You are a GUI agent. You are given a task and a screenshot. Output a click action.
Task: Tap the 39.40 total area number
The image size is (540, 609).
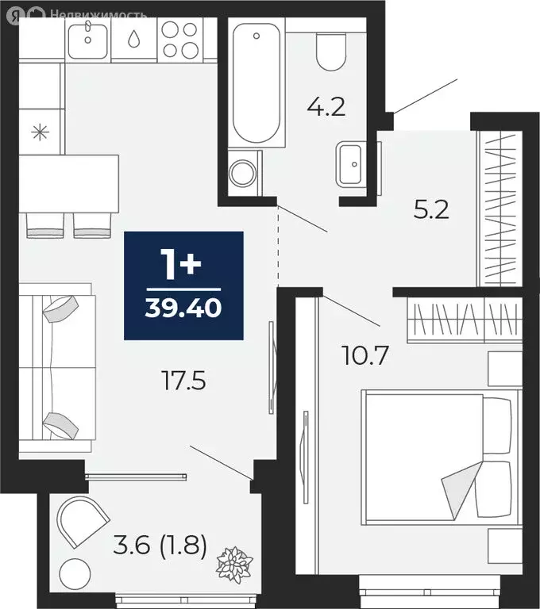click(x=183, y=308)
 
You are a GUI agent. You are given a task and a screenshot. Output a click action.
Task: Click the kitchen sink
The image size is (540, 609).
click(x=87, y=37)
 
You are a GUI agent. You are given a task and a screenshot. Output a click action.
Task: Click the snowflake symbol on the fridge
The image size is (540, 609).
click(x=39, y=132)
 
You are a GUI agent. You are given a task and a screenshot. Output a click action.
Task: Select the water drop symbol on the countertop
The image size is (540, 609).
click(x=133, y=39)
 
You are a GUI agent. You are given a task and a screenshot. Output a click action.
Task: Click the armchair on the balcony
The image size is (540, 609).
click(x=82, y=521)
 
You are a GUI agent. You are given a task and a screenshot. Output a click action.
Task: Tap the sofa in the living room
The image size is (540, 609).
click(x=56, y=366)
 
